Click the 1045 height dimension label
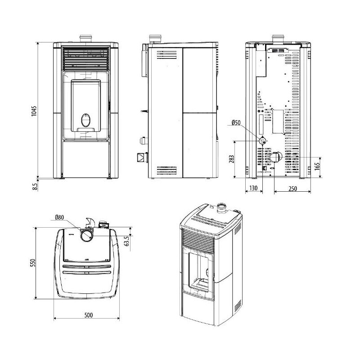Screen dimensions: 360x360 coord(34,111)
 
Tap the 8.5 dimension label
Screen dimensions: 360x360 coord(34,184)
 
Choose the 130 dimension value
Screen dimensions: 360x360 coord(253,189)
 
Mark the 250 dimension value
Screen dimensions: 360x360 coord(292,189)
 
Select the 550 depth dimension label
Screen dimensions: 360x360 coord(32,262)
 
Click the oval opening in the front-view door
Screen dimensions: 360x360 coord(85,120)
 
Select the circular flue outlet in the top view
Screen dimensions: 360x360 coord(87,234)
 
